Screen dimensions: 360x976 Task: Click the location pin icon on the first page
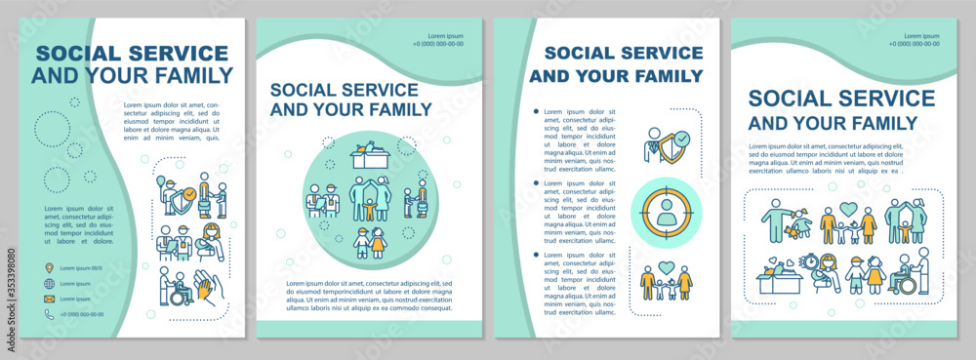pyautogui.click(x=49, y=267)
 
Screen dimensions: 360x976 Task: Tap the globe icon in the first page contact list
pyautogui.click(x=49, y=283)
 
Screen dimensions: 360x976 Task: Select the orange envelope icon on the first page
pyautogui.click(x=49, y=299)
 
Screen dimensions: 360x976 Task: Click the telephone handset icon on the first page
pyautogui.click(x=49, y=314)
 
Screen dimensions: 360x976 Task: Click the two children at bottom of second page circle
pyautogui.click(x=369, y=243)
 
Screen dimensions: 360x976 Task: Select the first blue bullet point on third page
pyautogui.click(x=536, y=111)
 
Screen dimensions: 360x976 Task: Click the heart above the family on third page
pyautogui.click(x=667, y=266)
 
